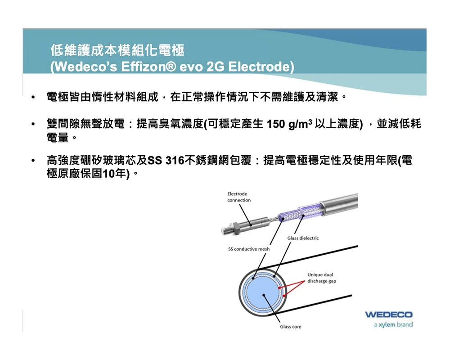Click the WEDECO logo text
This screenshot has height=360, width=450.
[389, 315]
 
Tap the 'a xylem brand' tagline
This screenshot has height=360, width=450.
[393, 325]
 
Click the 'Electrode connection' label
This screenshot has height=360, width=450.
[239, 197]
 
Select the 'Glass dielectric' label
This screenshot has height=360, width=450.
[303, 238]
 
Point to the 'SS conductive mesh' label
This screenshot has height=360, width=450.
[249, 249]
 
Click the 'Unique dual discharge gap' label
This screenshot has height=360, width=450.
[322, 278]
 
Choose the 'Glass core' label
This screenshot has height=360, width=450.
[291, 326]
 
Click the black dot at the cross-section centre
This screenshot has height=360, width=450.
[263, 295]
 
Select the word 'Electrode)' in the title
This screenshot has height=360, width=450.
[261, 67]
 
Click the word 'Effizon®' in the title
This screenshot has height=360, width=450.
[148, 67]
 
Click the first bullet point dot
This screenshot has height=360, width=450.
[33, 97]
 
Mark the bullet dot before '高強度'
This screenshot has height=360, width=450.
[33, 160]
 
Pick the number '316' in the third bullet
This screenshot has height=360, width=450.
[175, 160]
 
